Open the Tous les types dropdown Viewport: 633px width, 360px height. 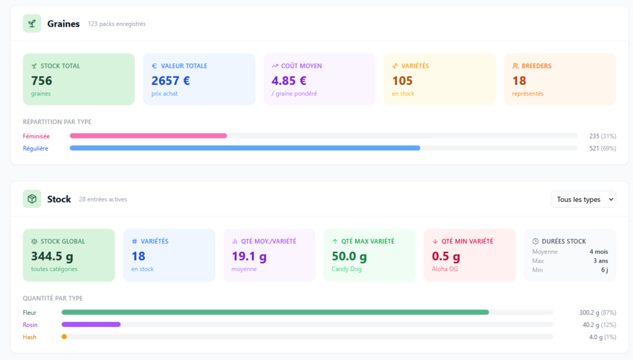(x=584, y=199)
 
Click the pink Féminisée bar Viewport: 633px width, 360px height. (x=148, y=136)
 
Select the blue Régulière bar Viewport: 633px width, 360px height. (x=245, y=148)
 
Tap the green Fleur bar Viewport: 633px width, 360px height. (x=275, y=313)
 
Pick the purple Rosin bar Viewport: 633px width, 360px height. (x=91, y=325)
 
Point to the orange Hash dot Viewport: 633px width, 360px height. (x=64, y=337)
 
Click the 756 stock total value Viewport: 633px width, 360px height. (x=42, y=81)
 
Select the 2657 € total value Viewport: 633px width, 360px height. (x=170, y=81)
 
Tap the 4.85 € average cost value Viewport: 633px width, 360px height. (x=289, y=81)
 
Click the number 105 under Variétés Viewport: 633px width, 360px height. (x=403, y=81)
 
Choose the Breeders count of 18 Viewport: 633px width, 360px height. (x=519, y=81)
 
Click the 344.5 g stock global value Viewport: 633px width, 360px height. (x=52, y=256)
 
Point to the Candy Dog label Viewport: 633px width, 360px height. (x=346, y=269)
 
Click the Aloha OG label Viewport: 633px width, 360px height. (x=445, y=269)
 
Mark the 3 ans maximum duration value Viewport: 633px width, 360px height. (x=601, y=261)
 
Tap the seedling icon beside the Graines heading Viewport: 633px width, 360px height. (x=32, y=23)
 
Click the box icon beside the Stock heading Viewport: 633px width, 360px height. (x=32, y=199)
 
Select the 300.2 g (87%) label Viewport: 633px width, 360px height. (x=598, y=313)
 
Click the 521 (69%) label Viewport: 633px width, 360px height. (x=603, y=148)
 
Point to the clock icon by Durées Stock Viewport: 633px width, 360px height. (x=536, y=241)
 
